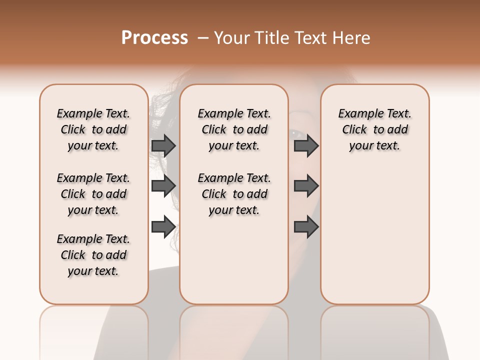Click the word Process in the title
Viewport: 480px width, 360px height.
click(x=154, y=38)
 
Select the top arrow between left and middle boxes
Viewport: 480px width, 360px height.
click(x=163, y=145)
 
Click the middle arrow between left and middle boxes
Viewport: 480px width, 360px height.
click(x=163, y=186)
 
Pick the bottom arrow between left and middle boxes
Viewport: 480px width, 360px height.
click(x=163, y=227)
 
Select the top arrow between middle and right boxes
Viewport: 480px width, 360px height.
click(x=306, y=145)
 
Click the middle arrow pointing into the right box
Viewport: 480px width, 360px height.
click(x=306, y=186)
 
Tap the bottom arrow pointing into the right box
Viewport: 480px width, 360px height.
click(x=306, y=227)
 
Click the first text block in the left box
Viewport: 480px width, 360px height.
click(x=93, y=129)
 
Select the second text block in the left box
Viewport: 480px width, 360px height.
click(x=93, y=194)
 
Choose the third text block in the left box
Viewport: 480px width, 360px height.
click(x=93, y=255)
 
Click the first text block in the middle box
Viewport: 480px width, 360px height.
click(x=234, y=129)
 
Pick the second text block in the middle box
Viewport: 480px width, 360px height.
click(x=234, y=194)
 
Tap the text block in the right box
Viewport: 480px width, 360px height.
click(x=374, y=129)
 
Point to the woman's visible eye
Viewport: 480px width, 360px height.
click(x=295, y=133)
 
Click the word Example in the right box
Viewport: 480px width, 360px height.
click(x=357, y=114)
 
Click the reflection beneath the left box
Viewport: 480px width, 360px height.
click(x=94, y=330)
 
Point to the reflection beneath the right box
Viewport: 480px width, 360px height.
click(x=374, y=330)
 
